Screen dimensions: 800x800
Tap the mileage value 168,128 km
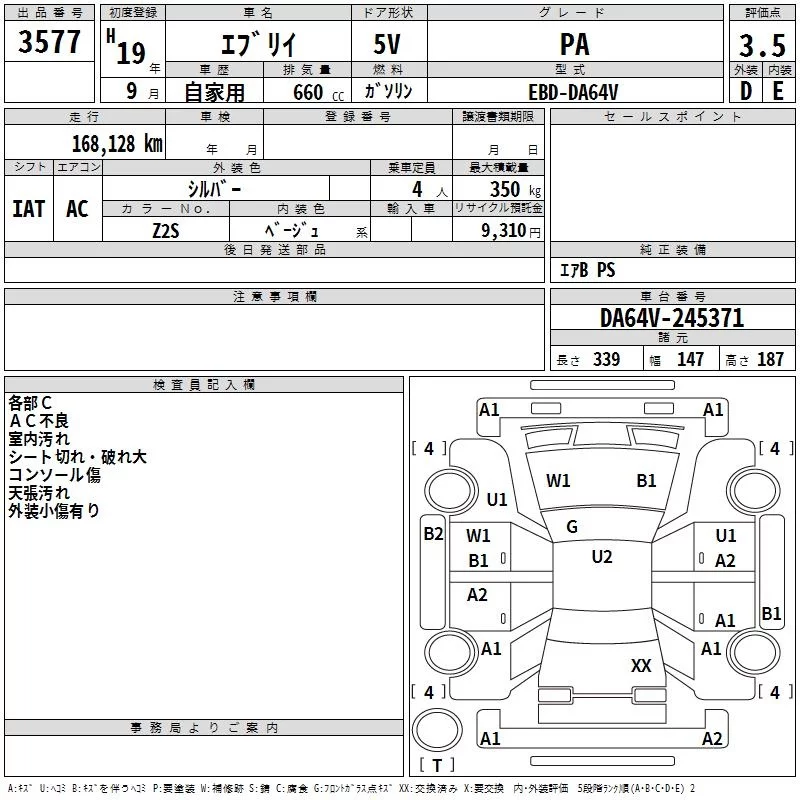[x=117, y=143]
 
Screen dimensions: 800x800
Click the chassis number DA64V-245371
[x=672, y=318]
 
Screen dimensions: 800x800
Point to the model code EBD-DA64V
[x=573, y=91]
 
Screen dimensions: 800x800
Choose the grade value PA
[x=574, y=45]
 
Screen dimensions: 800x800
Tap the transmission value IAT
[x=29, y=208]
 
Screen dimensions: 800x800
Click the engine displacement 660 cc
[x=305, y=92]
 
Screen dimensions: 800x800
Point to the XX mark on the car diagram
[x=641, y=665]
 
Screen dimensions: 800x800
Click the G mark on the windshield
[x=572, y=527]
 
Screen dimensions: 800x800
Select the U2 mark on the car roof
[x=601, y=557]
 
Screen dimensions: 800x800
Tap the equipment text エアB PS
[x=587, y=270]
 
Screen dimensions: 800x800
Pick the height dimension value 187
[x=770, y=360]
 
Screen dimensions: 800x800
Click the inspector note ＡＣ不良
[x=40, y=420]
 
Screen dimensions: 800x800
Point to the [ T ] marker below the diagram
[x=436, y=766]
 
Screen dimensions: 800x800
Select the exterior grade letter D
[x=745, y=91]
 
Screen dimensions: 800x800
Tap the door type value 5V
[x=389, y=45]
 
